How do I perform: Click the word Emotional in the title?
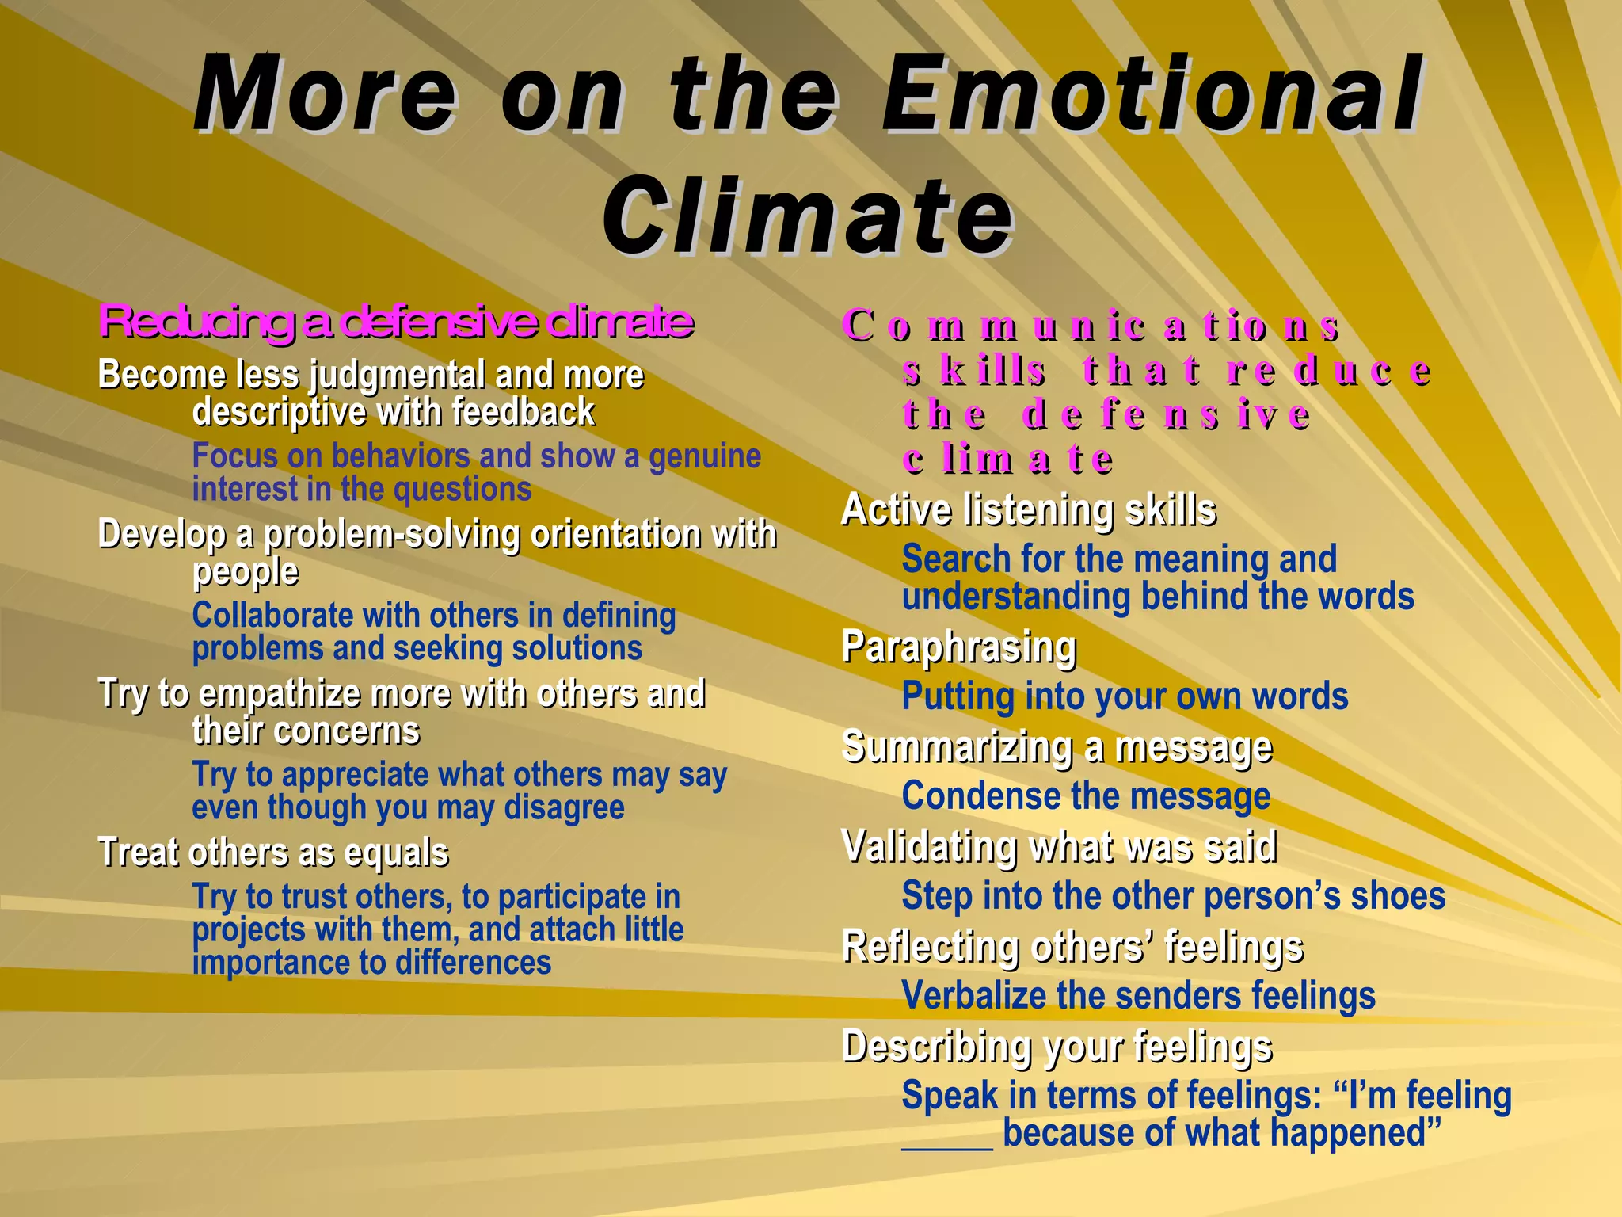(1152, 95)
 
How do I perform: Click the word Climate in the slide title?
(808, 216)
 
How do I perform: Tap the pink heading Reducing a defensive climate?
(396, 321)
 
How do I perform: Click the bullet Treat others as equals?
(273, 853)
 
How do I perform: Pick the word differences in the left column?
(473, 963)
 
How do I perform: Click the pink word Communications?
(1091, 326)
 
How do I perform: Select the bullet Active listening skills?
(1029, 509)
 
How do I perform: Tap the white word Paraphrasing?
(959, 647)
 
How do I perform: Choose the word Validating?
(929, 847)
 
